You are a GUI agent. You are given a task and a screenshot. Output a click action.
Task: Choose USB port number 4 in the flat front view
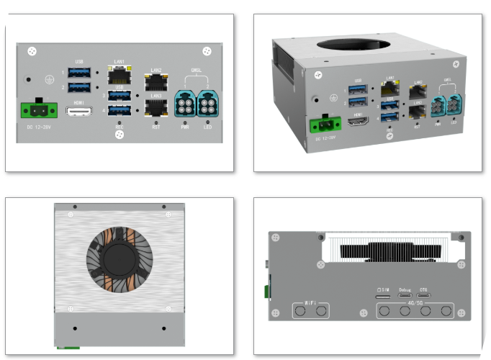(x=120, y=111)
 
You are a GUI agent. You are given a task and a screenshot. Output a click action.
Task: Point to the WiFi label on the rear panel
(x=310, y=302)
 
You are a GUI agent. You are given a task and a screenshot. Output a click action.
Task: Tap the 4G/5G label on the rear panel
(x=415, y=304)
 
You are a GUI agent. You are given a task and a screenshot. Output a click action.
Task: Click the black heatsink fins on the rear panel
(x=389, y=251)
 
